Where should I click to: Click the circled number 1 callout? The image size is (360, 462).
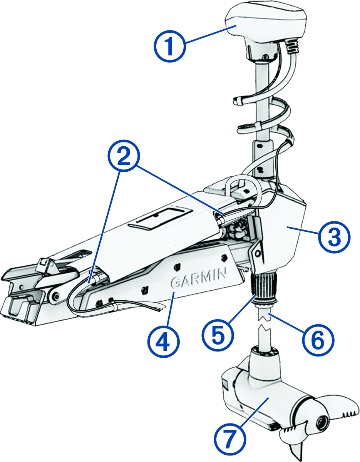point(170,46)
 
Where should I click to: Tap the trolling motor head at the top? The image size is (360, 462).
point(266,23)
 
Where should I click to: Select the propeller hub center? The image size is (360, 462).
point(320,423)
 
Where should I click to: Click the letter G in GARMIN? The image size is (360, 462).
point(175,283)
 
